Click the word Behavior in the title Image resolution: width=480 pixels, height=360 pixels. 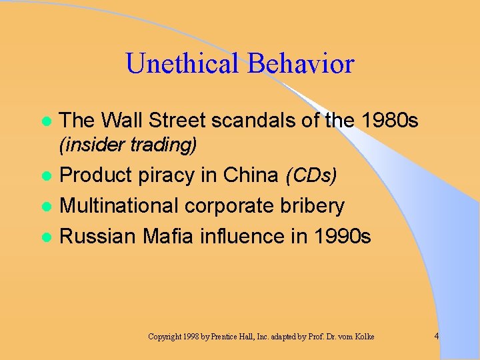(301, 64)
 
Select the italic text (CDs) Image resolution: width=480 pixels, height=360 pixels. (311, 175)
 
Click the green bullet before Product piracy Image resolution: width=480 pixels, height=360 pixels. (46, 176)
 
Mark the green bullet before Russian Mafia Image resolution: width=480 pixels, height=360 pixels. (46, 237)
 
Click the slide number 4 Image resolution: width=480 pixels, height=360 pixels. (436, 336)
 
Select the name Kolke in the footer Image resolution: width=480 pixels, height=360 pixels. (363, 337)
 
